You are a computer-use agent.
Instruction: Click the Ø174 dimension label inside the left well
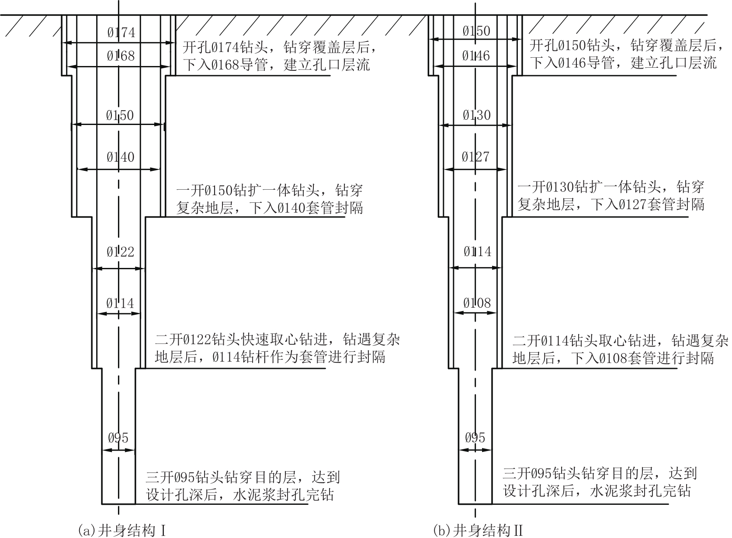121,32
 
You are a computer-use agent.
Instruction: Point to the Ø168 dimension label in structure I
121,56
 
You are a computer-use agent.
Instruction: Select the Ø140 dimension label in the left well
120,157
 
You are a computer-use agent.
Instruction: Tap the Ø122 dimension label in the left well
120,252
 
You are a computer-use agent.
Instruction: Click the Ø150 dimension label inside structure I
120,115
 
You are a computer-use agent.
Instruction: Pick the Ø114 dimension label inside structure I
120,303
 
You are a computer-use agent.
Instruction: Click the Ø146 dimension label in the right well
476,56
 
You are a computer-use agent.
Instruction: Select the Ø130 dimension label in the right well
476,115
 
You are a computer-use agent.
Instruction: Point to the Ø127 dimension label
475,157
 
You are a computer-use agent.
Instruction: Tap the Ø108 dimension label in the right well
477,303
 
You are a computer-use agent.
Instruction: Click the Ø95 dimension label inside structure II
475,437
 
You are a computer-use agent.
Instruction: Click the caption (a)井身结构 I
122,530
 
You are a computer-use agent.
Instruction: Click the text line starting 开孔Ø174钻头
280,47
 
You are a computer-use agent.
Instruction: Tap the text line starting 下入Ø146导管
623,63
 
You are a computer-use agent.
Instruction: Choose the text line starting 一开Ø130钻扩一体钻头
611,187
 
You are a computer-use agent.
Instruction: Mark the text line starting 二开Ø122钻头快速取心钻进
278,340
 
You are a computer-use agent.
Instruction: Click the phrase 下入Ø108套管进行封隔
642,358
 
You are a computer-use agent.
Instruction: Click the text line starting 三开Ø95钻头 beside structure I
243,478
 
